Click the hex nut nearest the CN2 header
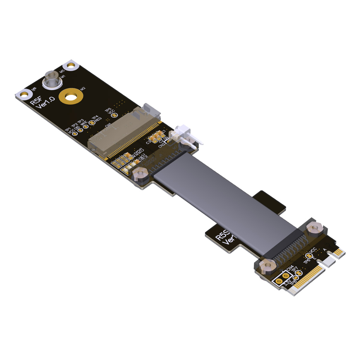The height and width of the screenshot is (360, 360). [x=185, y=145]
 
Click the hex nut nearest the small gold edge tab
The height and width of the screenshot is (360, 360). [x=314, y=228]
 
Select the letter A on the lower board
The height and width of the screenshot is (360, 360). [x=325, y=249]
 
